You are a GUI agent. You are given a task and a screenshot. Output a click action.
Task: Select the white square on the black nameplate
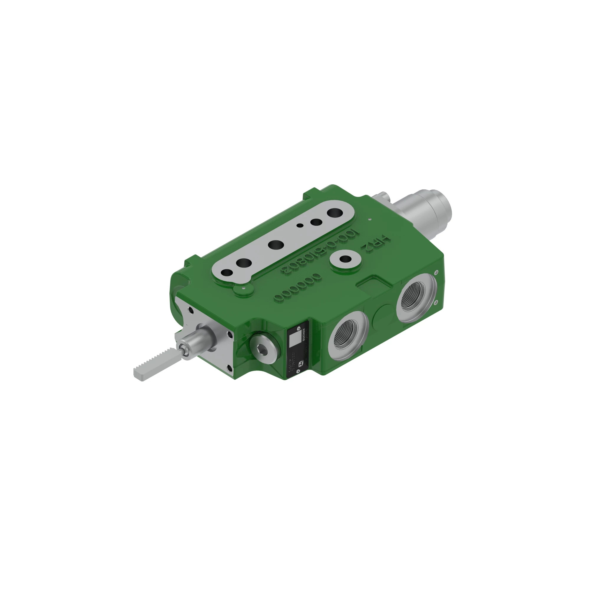click(294, 340)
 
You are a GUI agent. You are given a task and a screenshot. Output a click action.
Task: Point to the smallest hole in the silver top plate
click(301, 225)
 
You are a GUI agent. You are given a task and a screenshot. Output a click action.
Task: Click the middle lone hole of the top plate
click(276, 244)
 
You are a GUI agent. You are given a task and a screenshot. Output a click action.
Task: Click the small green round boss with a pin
click(243, 289)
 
